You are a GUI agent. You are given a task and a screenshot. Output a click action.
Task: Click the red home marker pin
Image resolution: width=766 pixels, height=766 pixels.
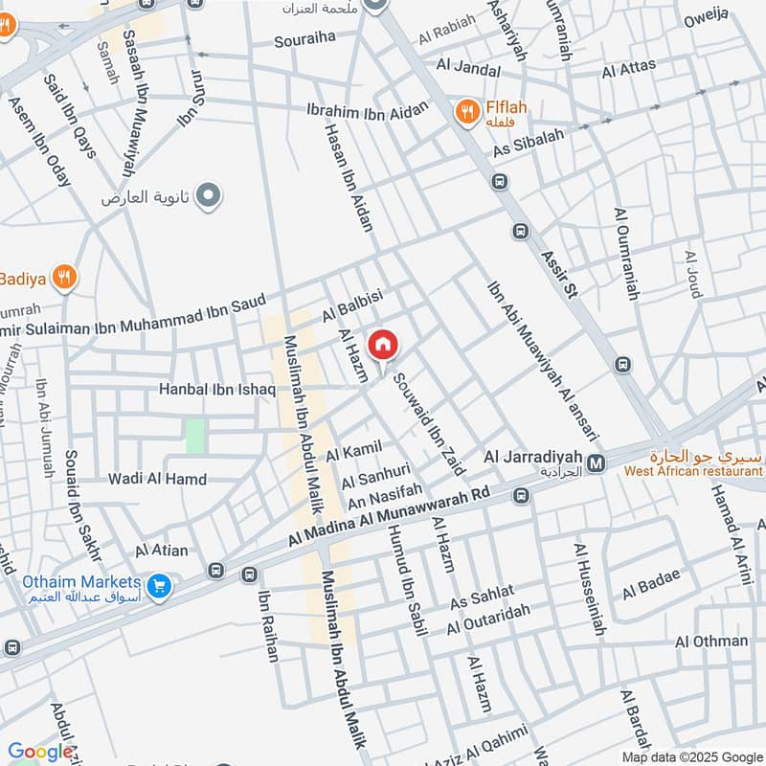382,345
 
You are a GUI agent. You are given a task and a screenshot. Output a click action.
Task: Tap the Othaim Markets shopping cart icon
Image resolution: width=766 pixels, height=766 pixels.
160,583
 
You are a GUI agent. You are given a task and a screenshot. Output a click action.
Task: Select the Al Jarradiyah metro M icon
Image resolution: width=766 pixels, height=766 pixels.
597,464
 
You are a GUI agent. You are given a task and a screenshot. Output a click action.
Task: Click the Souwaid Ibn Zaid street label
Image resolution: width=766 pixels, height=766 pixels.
430,425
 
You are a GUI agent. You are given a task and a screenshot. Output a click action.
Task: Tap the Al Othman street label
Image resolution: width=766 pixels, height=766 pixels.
711,642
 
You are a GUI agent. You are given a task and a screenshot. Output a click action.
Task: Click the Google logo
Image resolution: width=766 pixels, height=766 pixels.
40,752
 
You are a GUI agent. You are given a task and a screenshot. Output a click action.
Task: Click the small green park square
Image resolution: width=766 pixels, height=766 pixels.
195,436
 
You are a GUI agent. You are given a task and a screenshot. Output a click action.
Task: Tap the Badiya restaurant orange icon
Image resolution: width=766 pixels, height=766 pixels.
63,278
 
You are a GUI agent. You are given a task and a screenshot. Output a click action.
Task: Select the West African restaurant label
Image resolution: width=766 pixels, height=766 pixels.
693,470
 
